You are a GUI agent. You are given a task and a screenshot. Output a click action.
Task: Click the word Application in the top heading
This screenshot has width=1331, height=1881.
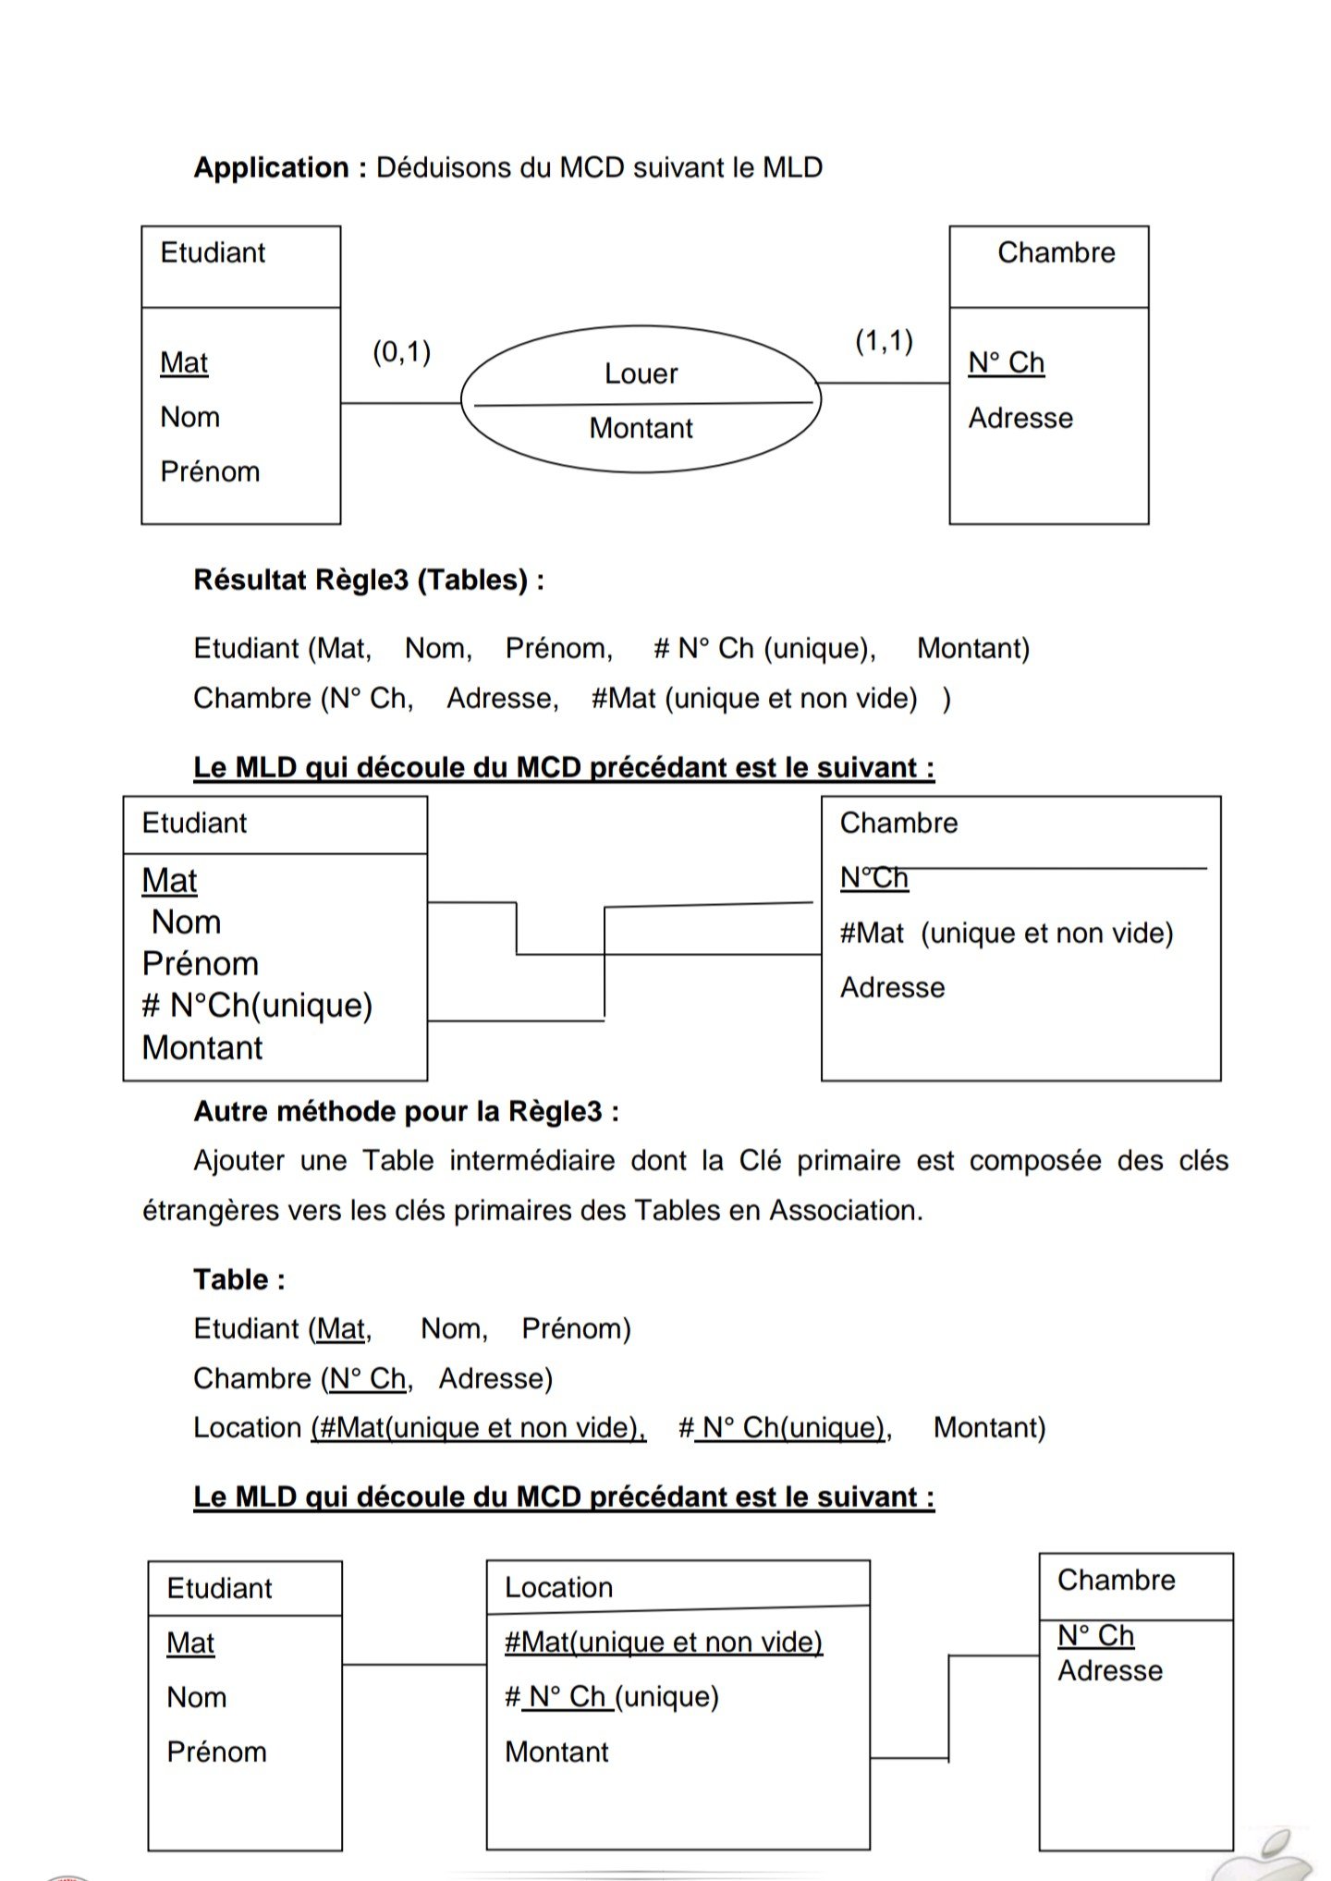point(271,168)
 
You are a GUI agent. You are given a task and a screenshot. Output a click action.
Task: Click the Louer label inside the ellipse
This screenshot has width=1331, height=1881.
point(641,374)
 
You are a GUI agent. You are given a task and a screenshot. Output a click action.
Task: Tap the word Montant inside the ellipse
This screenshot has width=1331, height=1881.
point(641,429)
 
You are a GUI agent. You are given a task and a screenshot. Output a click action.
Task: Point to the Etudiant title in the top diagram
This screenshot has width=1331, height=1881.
point(213,253)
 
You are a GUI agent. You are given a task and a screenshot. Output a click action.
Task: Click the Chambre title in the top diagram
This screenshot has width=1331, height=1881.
point(1056,253)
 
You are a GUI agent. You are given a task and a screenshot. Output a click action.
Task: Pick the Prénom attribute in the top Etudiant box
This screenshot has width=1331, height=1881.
point(210,472)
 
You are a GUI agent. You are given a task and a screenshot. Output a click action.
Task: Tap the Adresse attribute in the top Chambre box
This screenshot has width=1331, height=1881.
point(1020,419)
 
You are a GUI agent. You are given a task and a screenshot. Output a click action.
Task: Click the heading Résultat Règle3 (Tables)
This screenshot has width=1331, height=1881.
point(368,580)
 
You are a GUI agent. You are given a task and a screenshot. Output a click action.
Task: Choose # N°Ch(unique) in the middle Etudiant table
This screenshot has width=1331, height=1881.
point(257,1006)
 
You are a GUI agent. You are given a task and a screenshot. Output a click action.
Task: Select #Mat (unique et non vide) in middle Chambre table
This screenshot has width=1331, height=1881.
point(1006,934)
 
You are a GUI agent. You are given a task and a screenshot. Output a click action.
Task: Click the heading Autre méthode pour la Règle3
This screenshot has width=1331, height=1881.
point(406,1111)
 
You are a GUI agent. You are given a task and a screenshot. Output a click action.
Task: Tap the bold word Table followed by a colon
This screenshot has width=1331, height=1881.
point(231,1280)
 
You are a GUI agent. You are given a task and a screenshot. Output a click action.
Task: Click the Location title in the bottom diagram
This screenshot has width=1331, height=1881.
point(558,1588)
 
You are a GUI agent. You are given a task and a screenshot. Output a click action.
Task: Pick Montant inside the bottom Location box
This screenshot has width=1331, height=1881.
point(556,1753)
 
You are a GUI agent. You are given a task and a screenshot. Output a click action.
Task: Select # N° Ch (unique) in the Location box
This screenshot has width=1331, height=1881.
point(611,1697)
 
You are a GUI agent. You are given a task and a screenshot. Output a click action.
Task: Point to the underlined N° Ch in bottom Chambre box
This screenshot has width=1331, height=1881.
point(1095,1636)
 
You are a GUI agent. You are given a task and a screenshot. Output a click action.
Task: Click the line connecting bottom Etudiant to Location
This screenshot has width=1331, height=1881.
point(414,1665)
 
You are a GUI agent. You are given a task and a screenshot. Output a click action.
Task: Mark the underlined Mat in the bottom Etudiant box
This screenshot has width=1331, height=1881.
point(190,1643)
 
